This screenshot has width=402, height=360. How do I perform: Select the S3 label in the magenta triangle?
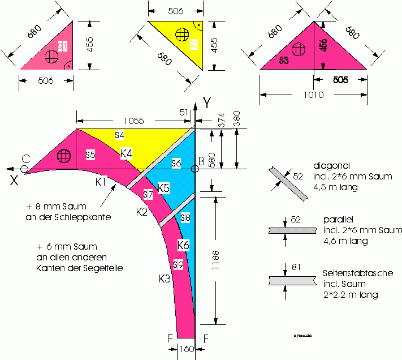point(284,59)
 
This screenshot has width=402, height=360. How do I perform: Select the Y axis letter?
point(207,104)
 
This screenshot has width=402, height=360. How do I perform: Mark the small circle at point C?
point(24,169)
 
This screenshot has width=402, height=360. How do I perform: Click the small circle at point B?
point(194,169)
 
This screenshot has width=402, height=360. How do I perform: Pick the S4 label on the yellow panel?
point(119,135)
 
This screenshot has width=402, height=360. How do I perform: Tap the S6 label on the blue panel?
point(176,163)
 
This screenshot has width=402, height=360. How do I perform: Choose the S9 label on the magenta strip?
point(178,265)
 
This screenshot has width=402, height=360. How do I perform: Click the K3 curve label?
point(164,278)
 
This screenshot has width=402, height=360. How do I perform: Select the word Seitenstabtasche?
point(358,273)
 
